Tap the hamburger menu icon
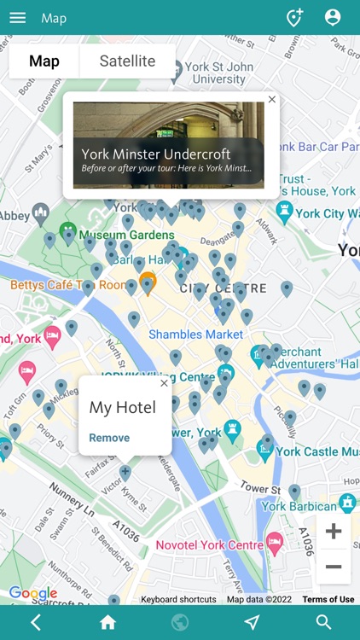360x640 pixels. click(17, 18)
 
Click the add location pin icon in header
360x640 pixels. click(294, 18)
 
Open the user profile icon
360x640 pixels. click(333, 18)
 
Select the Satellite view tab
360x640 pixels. click(127, 61)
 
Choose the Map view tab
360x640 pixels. click(44, 61)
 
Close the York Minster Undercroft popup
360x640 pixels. click(272, 100)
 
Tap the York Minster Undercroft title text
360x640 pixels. click(156, 154)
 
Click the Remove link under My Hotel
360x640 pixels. click(109, 438)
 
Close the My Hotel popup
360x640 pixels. click(164, 383)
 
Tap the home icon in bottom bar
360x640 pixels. click(107, 622)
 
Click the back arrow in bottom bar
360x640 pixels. click(36, 622)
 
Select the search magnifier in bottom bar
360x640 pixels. click(323, 622)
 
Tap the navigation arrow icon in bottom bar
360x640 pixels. click(252, 622)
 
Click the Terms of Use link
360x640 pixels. click(328, 599)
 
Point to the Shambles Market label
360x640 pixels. click(195, 335)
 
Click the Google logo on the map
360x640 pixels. click(32, 593)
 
